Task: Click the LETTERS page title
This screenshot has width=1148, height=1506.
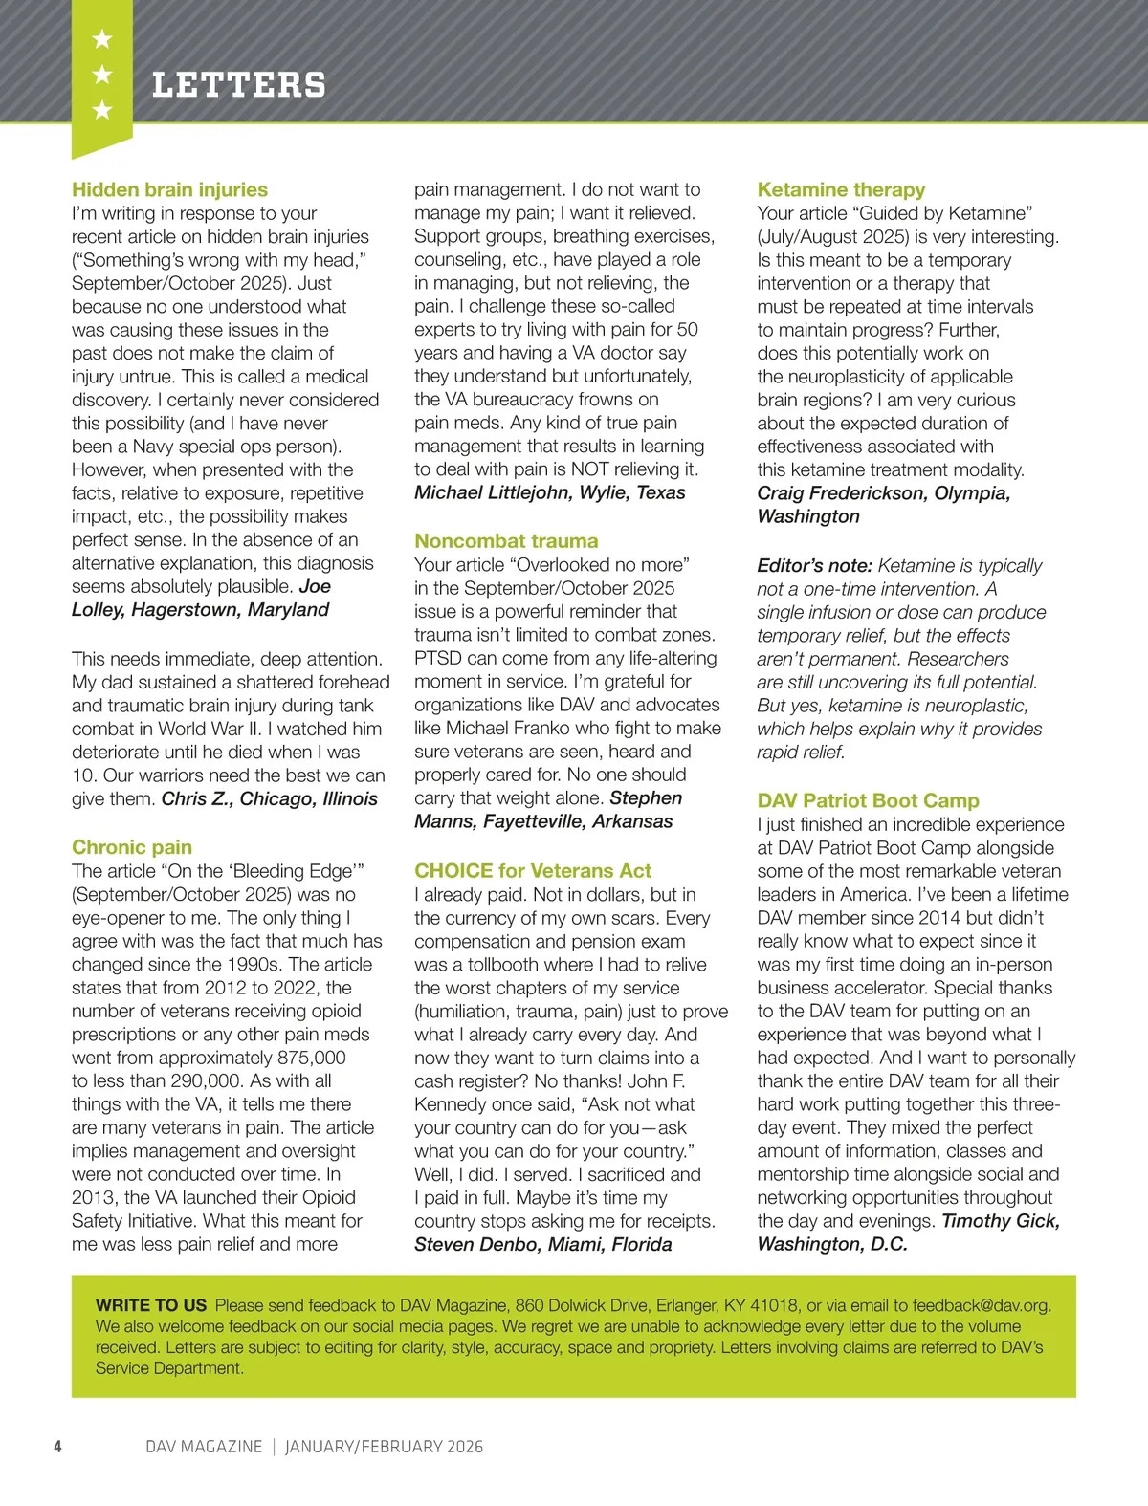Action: click(x=238, y=85)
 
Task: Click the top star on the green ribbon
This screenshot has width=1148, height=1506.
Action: click(x=102, y=40)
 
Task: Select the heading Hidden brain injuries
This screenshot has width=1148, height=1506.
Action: click(x=169, y=189)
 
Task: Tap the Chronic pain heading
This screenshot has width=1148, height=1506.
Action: click(x=132, y=847)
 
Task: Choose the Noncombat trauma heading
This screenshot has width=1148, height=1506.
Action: click(x=506, y=541)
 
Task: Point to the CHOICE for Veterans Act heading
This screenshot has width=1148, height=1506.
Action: click(x=533, y=871)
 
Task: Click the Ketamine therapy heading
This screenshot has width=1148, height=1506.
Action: click(x=841, y=189)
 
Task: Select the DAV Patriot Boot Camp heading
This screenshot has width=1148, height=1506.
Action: click(x=868, y=801)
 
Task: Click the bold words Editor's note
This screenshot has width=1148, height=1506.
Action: click(x=814, y=566)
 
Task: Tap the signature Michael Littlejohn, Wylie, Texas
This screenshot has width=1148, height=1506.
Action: click(x=550, y=493)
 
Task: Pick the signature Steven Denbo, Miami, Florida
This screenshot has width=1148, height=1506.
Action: click(x=542, y=1245)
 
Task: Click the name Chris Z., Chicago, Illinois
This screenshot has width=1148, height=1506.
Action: click(x=270, y=799)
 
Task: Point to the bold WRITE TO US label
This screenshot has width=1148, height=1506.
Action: click(x=151, y=1305)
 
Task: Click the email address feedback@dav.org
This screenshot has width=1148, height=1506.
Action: click(x=981, y=1305)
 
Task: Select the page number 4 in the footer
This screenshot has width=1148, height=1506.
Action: click(x=57, y=1447)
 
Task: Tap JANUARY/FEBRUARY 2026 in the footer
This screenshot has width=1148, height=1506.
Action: click(x=384, y=1447)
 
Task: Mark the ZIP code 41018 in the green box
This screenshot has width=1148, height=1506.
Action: click(x=774, y=1305)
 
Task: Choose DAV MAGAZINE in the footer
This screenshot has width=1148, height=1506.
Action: click(x=204, y=1447)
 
